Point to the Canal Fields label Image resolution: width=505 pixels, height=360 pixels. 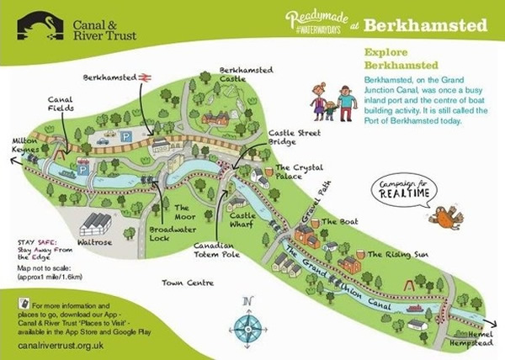click(x=60, y=102)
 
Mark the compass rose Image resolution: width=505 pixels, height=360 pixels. click(x=247, y=322)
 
